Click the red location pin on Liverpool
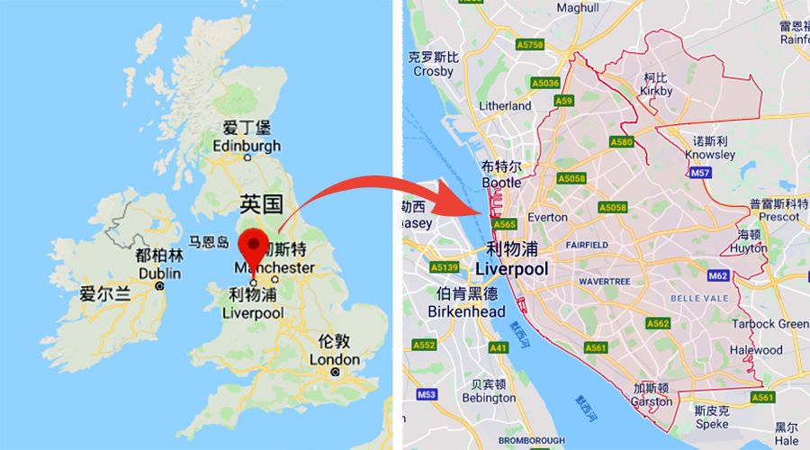pyautogui.click(x=254, y=245)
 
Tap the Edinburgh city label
pyautogui.click(x=247, y=146)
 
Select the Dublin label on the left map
pyautogui.click(x=160, y=274)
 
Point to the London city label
pyautogui.click(x=335, y=359)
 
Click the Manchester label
pyautogui.click(x=274, y=268)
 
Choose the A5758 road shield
pyautogui.click(x=531, y=43)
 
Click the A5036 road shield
pyautogui.click(x=545, y=83)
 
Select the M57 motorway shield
pyautogui.click(x=701, y=172)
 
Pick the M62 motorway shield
pyautogui.click(x=718, y=275)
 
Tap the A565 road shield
pyautogui.click(x=504, y=225)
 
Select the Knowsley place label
pyautogui.click(x=710, y=154)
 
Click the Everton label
pyautogui.click(x=547, y=217)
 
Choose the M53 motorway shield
pyautogui.click(x=427, y=394)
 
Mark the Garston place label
pyautogui.click(x=652, y=401)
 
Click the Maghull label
pyautogui.click(x=578, y=7)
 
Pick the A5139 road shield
pyautogui.click(x=445, y=267)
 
